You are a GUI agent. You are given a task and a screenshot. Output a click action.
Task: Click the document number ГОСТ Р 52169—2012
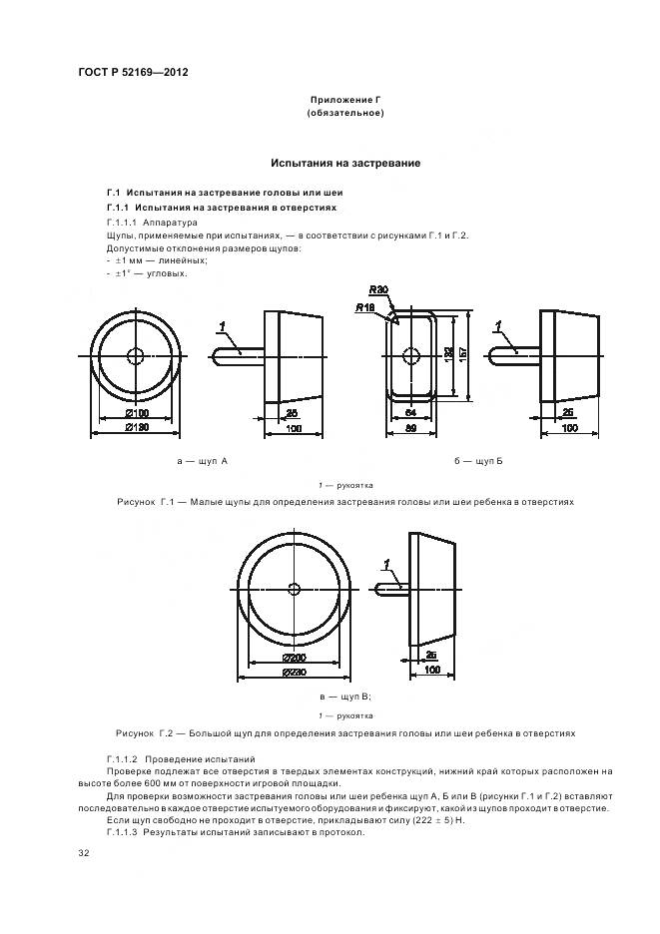pyautogui.click(x=133, y=74)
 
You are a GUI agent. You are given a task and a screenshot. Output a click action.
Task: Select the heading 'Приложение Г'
pyautogui.click(x=345, y=101)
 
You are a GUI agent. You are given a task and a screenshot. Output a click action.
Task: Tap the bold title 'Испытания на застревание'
pyautogui.click(x=345, y=163)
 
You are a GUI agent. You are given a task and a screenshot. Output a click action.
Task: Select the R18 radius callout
pyautogui.click(x=363, y=307)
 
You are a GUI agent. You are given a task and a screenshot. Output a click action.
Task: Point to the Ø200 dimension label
pyautogui.click(x=293, y=660)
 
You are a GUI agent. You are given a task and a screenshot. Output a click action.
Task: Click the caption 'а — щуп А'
pyautogui.click(x=202, y=462)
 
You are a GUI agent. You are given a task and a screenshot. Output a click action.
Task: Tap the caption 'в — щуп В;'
pyautogui.click(x=345, y=697)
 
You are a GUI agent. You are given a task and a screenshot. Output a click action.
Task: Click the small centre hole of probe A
pyautogui.click(x=136, y=356)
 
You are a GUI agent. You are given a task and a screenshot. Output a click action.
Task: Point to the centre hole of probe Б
pyautogui.click(x=409, y=356)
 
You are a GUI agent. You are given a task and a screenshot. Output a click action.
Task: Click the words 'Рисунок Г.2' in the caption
pyautogui.click(x=146, y=733)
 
